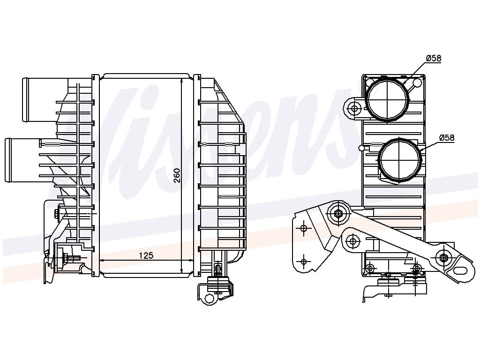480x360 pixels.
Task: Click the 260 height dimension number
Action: point(177,175)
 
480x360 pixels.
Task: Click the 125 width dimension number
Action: point(146,255)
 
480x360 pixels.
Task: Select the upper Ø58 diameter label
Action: point(433,58)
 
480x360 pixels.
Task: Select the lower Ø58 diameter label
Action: point(446,138)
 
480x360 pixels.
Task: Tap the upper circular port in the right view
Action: point(387,98)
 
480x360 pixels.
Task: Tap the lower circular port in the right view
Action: point(399,160)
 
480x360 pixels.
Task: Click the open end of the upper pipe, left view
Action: point(26,100)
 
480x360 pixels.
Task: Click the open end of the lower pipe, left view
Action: point(8,160)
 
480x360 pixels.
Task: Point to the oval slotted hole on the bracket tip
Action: point(463,271)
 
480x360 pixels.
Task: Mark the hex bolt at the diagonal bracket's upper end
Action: point(338,214)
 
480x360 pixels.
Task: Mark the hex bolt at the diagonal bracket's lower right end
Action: point(443,257)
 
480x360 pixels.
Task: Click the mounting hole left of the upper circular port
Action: point(354,109)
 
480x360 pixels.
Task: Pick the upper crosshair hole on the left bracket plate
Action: point(304,228)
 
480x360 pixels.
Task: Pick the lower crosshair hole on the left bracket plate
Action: point(304,262)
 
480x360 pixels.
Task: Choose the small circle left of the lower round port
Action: point(361,149)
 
